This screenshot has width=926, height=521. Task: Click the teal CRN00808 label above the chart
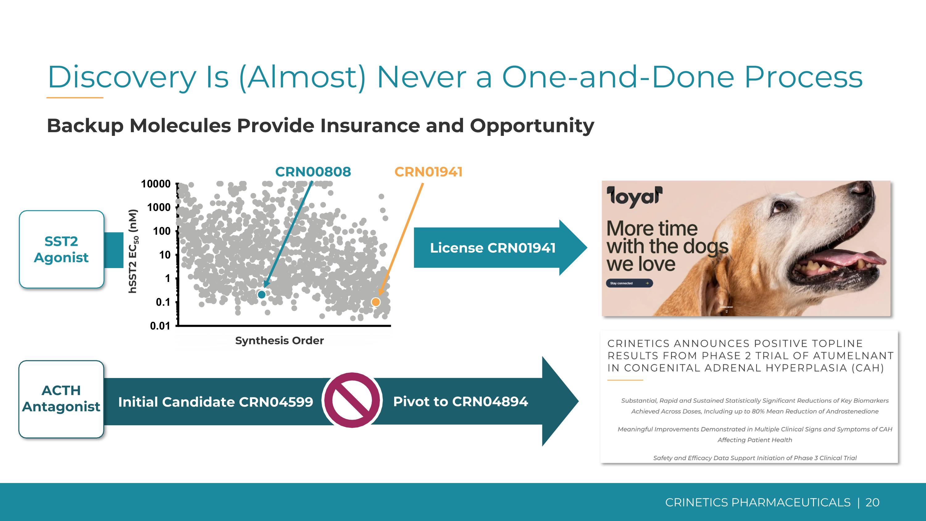[x=313, y=172]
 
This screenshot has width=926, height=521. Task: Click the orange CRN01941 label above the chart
[x=428, y=172]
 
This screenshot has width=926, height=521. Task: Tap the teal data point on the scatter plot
[x=262, y=295]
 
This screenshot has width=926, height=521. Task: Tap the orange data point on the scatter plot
[x=375, y=302]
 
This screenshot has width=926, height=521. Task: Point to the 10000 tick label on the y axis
[x=156, y=184]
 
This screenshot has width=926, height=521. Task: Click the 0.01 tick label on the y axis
[x=160, y=326]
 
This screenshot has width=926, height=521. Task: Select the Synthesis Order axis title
[x=279, y=341]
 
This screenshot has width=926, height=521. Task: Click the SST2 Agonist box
[x=61, y=249]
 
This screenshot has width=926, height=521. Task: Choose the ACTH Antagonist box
[x=61, y=399]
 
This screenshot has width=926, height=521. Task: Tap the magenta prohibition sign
[x=352, y=400]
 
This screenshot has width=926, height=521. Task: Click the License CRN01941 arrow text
[x=492, y=248]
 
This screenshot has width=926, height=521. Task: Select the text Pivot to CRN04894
[x=461, y=401]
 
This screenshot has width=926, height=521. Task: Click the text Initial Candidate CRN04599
[x=215, y=401]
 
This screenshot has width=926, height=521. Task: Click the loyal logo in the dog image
[x=634, y=197]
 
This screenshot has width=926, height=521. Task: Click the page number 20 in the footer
[x=872, y=502]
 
